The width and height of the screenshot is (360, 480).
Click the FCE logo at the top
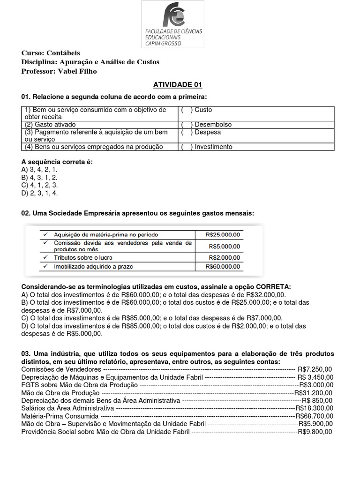(x=173, y=24)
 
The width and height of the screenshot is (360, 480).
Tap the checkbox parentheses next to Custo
(x=187, y=110)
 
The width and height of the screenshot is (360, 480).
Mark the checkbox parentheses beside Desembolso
(x=187, y=125)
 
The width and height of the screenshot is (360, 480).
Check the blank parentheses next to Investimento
(x=187, y=147)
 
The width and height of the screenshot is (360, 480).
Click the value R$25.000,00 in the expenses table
(x=223, y=234)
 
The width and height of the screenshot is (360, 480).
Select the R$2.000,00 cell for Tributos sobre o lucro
(x=223, y=258)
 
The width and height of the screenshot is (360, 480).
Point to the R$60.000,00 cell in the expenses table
(x=223, y=266)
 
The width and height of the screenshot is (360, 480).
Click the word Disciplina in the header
(x=38, y=62)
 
